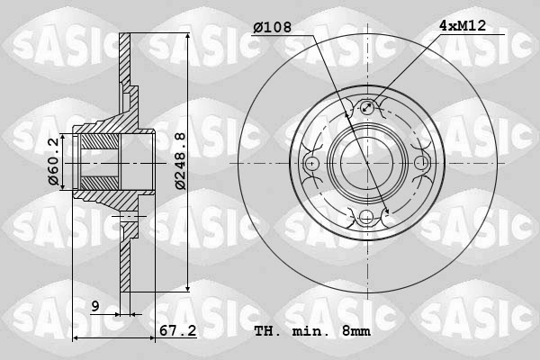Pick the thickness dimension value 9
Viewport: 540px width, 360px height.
94,307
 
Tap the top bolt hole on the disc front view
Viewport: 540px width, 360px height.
366,109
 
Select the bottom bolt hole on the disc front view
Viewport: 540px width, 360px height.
366,217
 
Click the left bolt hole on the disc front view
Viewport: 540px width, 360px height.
312,164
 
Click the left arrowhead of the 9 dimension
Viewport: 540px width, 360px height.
117,314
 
